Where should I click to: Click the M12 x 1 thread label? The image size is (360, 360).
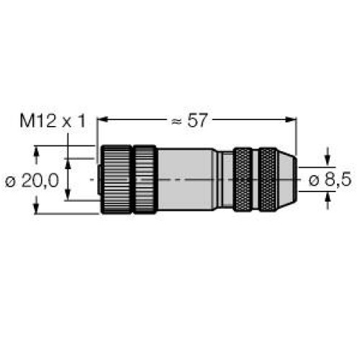pos(53,121)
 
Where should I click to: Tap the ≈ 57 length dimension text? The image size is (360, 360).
pos(189,120)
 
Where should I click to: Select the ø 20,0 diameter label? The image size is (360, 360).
pos(32,181)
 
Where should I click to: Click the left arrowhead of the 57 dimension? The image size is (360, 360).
pos(102,119)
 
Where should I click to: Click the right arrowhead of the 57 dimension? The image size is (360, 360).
pos(292,119)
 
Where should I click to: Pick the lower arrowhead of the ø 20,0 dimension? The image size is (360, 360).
pos(36,208)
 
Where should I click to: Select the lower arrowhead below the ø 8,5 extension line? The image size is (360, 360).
pos(328,197)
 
